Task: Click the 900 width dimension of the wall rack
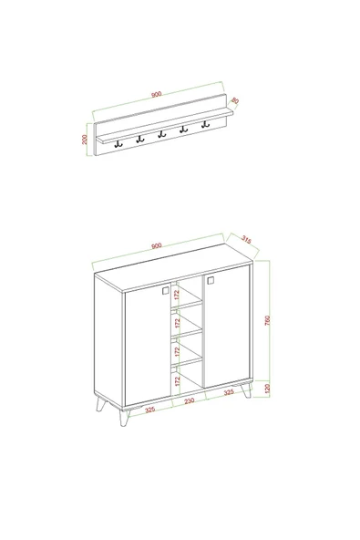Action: tap(157, 94)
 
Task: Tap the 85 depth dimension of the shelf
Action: tap(234, 100)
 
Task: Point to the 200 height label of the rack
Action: tap(85, 140)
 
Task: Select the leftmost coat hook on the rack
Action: tap(118, 141)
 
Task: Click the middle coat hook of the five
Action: tap(161, 135)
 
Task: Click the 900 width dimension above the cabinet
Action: tap(156, 244)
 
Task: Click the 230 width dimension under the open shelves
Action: tap(189, 401)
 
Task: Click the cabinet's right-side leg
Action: tap(246, 405)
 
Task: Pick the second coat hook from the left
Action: tap(139, 139)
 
